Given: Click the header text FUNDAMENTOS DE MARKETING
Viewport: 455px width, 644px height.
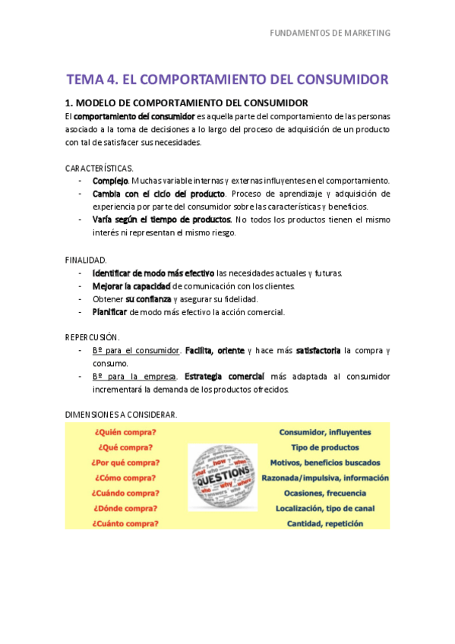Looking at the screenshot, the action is coord(330,33).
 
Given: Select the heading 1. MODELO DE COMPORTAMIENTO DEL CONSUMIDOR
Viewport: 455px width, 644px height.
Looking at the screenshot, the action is coord(187,103).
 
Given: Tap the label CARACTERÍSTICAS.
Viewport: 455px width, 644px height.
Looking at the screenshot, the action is coord(99,168).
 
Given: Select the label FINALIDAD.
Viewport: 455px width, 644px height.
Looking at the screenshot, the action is coord(86,260).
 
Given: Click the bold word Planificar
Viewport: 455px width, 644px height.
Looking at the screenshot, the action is coord(109,311).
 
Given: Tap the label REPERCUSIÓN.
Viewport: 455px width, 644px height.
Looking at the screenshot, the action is coord(93,337).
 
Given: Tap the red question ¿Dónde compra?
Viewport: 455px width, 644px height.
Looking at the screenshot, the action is coord(125,508).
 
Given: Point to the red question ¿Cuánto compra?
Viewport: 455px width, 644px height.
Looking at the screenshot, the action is coord(125,523).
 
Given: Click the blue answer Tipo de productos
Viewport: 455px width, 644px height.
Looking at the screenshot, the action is coord(325,447).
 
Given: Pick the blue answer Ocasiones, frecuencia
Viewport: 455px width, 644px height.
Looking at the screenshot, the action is coord(325,493).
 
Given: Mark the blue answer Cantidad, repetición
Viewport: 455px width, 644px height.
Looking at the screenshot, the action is coord(325,523).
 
